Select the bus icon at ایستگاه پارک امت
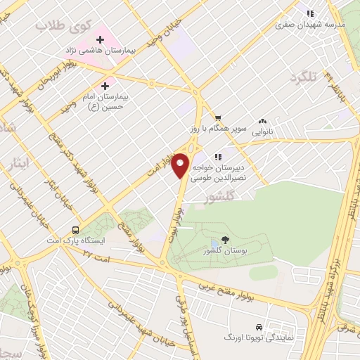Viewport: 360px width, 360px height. [75, 230]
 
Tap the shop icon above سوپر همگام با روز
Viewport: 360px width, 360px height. [219, 117]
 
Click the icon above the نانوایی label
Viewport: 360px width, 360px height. [264, 122]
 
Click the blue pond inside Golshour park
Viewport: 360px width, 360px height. [214, 243]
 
